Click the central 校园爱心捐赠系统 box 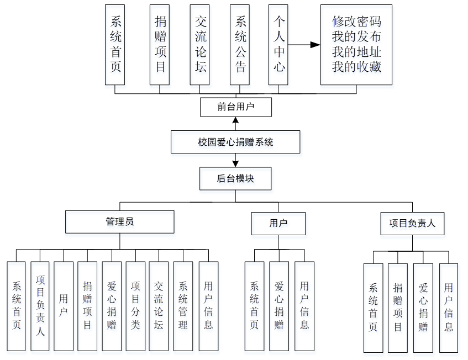pyautogui.click(x=235, y=142)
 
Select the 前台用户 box pyautogui.click(x=235, y=107)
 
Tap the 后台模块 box pyautogui.click(x=235, y=179)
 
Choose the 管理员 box pyautogui.click(x=119, y=222)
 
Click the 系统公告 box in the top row pyautogui.click(x=240, y=45)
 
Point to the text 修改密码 pyautogui.click(x=356, y=22)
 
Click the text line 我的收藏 pyautogui.click(x=356, y=67)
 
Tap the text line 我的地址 pyautogui.click(x=356, y=52)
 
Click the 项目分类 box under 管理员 pyautogui.click(x=135, y=306)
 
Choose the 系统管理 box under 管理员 pyautogui.click(x=183, y=306)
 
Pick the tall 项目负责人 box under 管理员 pyautogui.click(x=40, y=306)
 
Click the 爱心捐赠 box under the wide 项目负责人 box pyautogui.click(x=423, y=308)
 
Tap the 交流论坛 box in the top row pyautogui.click(x=200, y=45)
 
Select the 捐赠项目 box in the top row pyautogui.click(x=160, y=45)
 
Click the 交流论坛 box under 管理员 pyautogui.click(x=159, y=306)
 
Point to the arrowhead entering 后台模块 pyautogui.click(x=236, y=164)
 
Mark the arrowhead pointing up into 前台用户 pyautogui.click(x=236, y=120)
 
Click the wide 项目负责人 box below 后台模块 pyautogui.click(x=412, y=224)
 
